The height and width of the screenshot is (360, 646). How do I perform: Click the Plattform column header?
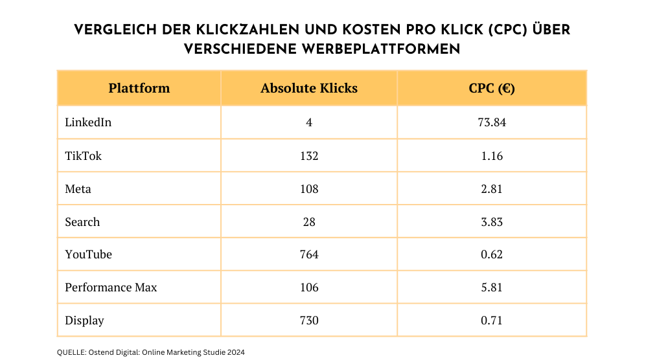coord(139,88)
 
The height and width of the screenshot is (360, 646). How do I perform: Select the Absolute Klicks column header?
coord(309,88)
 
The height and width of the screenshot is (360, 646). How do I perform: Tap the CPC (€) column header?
coord(491,88)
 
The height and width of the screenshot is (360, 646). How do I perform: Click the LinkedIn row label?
coord(88,122)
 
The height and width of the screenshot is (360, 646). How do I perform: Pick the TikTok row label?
coord(83,156)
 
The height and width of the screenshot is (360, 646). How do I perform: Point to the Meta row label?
coord(78,189)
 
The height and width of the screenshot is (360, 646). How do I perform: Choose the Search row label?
coord(82,222)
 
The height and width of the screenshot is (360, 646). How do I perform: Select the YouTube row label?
coord(88,254)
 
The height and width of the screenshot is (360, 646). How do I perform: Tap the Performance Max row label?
coord(111,287)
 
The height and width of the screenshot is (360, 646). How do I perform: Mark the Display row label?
coord(84,321)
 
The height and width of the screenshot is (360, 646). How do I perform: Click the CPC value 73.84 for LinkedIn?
coord(491,122)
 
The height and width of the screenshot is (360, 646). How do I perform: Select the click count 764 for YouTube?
coord(309,254)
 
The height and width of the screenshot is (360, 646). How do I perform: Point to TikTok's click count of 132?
coord(309,156)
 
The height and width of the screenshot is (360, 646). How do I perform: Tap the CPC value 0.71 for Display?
coord(491,321)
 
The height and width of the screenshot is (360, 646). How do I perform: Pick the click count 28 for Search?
coord(309,222)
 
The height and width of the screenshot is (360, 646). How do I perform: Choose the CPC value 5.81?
coord(491,287)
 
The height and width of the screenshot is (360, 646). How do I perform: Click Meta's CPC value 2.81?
coord(491,189)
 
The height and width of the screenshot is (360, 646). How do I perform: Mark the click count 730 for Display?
coord(309,321)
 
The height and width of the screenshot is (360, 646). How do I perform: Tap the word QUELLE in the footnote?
coord(71,352)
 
